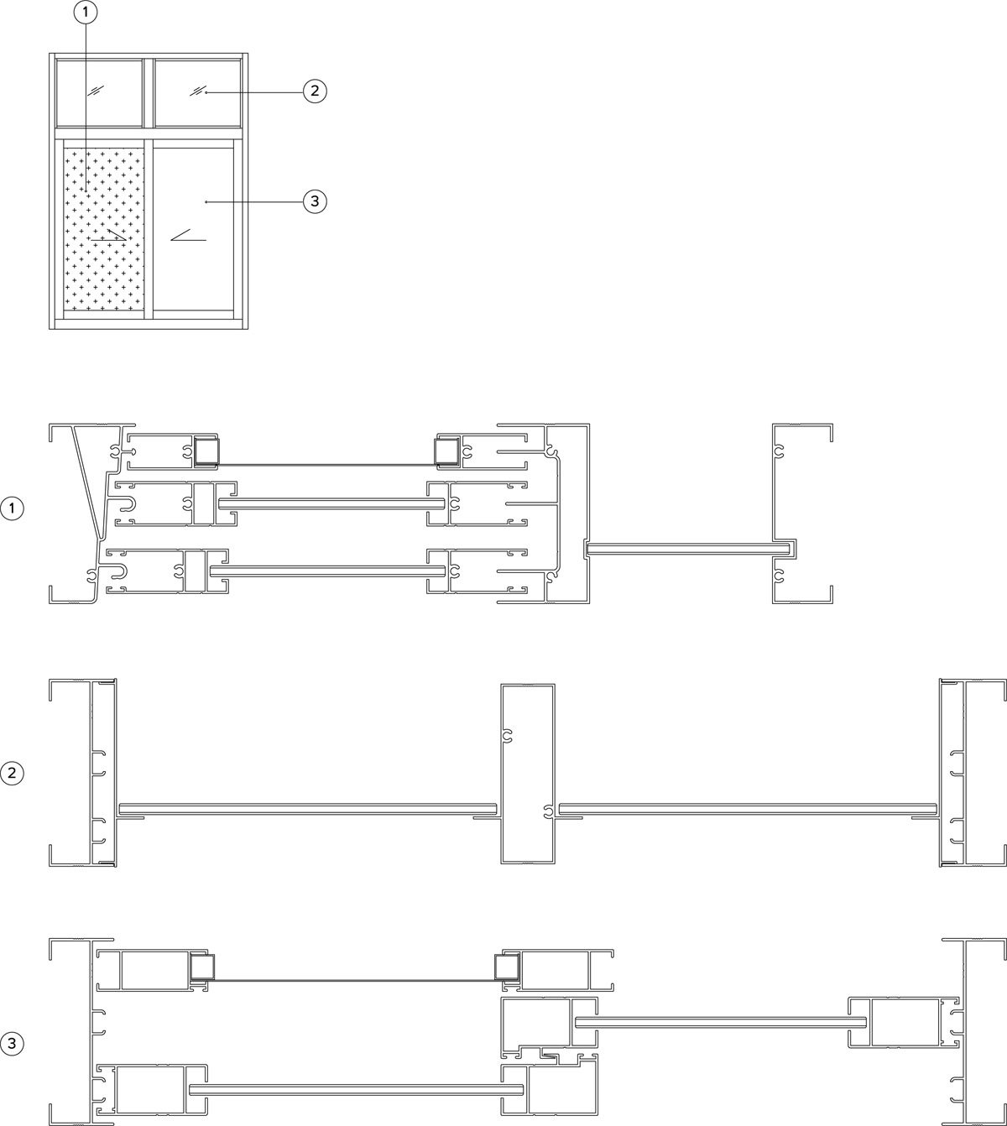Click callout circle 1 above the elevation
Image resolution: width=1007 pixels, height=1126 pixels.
pyautogui.click(x=85, y=13)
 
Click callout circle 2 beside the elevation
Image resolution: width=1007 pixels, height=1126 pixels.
pyautogui.click(x=315, y=91)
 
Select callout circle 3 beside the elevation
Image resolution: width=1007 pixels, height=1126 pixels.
pyautogui.click(x=315, y=201)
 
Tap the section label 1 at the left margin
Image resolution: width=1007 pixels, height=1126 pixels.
pyautogui.click(x=12, y=508)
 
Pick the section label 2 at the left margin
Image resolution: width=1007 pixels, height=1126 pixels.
pyautogui.click(x=12, y=773)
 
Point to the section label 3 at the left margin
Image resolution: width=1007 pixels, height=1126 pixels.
pyautogui.click(x=12, y=1044)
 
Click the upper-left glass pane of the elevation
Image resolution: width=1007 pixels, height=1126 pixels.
pyautogui.click(x=99, y=93)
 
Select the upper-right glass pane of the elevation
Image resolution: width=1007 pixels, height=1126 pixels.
pyautogui.click(x=197, y=93)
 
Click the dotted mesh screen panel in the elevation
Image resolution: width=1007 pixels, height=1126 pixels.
pyautogui.click(x=104, y=229)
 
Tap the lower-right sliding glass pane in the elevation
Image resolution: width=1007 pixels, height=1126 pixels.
pyautogui.click(x=193, y=229)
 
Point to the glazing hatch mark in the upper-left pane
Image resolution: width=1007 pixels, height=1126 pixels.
pyautogui.click(x=96, y=90)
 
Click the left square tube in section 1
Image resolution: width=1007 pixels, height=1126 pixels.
pyautogui.click(x=206, y=451)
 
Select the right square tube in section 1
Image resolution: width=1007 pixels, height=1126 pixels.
pyautogui.click(x=447, y=451)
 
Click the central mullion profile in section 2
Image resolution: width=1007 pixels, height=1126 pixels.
pyautogui.click(x=528, y=774)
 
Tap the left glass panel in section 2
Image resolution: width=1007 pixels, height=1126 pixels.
pyautogui.click(x=307, y=809)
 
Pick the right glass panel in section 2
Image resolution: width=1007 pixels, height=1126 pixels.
pyautogui.click(x=748, y=809)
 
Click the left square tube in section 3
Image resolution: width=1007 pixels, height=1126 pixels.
pyautogui.click(x=202, y=967)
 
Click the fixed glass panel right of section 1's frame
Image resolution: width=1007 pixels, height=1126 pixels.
pyautogui.click(x=688, y=549)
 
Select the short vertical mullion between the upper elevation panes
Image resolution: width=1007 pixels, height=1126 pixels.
pyautogui.click(x=149, y=93)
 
